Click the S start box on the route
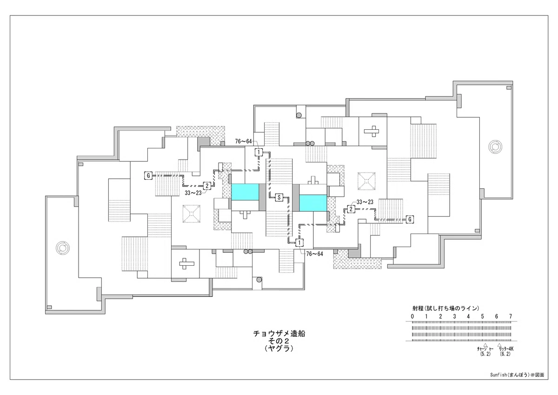(x=279, y=198)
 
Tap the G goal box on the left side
(x=148, y=175)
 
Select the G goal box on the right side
(x=410, y=220)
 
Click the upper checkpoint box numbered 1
(x=259, y=152)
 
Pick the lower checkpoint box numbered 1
(x=299, y=242)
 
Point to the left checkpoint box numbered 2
(x=207, y=186)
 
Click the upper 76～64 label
(x=243, y=141)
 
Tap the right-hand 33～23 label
(x=365, y=202)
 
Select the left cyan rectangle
(x=245, y=192)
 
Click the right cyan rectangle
(x=313, y=203)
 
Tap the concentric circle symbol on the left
(x=62, y=248)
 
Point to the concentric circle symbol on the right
(x=495, y=147)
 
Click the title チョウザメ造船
(x=279, y=334)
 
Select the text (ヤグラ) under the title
(x=279, y=348)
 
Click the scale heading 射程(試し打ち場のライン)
(x=446, y=308)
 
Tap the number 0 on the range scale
(x=412, y=316)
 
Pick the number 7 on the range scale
(x=511, y=316)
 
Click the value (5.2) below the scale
(x=485, y=354)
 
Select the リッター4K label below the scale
(x=506, y=348)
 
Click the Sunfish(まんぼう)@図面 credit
(x=517, y=375)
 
